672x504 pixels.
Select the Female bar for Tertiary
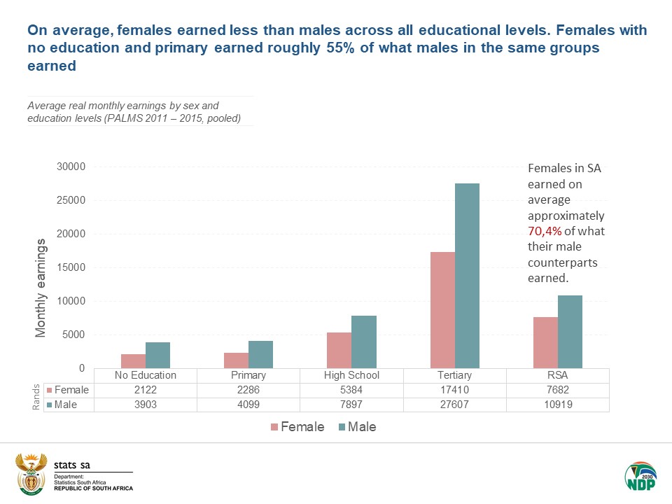(x=442, y=309)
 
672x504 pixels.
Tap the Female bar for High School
(x=339, y=350)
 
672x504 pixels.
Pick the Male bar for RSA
(x=570, y=331)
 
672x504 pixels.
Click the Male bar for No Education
(x=158, y=355)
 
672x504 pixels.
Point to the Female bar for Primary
(x=236, y=360)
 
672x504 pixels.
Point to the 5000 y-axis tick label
(x=73, y=335)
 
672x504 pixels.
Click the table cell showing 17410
(x=455, y=389)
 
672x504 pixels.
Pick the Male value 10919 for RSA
(x=558, y=404)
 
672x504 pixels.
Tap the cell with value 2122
(x=146, y=389)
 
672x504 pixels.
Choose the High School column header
(x=351, y=375)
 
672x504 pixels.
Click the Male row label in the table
(x=67, y=404)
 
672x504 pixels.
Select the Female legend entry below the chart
(x=297, y=426)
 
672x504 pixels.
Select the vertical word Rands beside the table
(x=36, y=398)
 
